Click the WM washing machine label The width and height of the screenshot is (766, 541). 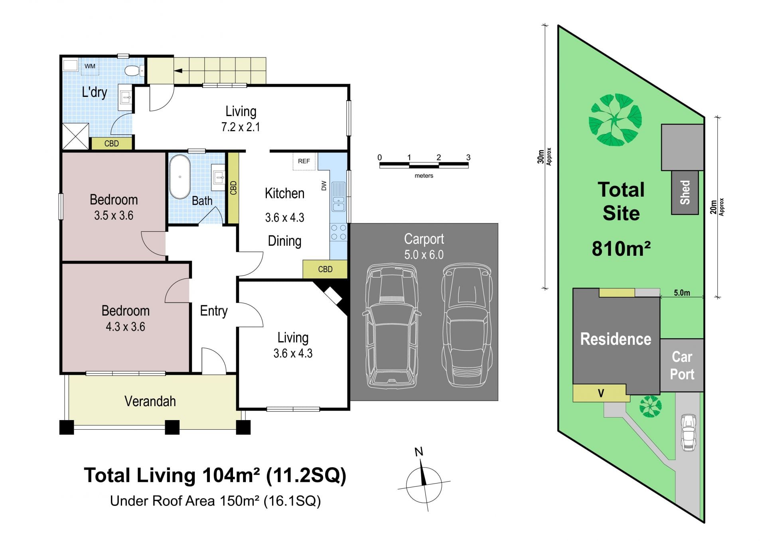[x=90, y=66]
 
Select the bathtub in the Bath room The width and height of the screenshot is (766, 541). [x=180, y=177]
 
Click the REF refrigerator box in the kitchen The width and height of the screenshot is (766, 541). [x=304, y=161]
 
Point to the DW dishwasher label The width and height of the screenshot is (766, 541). [x=324, y=186]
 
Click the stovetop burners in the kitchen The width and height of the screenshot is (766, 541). [x=338, y=232]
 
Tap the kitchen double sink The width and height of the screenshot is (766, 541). [x=338, y=196]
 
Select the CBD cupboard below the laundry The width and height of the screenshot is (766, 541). [x=112, y=144]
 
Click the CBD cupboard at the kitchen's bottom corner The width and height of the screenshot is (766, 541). [x=325, y=269]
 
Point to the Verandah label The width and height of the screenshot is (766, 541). [x=150, y=401]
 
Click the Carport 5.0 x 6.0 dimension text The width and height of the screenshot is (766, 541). [x=424, y=255]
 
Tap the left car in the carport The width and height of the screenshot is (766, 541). [x=391, y=326]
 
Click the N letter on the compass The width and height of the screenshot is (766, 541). [x=419, y=452]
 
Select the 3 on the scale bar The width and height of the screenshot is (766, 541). [x=468, y=158]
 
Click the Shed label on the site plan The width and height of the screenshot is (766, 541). [x=685, y=193]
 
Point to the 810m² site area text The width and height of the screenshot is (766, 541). [x=621, y=249]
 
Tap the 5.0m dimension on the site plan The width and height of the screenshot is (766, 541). [x=682, y=293]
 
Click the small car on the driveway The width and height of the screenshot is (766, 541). [x=688, y=432]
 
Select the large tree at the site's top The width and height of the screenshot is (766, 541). [x=615, y=120]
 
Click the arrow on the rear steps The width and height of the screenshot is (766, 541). [x=178, y=71]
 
